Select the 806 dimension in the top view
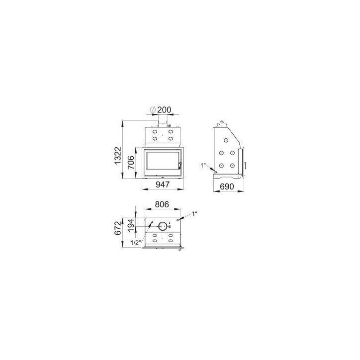pyautogui.click(x=162, y=204)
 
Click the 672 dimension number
pyautogui.click(x=117, y=228)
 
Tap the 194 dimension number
pyautogui.click(x=131, y=224)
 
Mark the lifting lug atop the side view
pyautogui.click(x=222, y=123)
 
